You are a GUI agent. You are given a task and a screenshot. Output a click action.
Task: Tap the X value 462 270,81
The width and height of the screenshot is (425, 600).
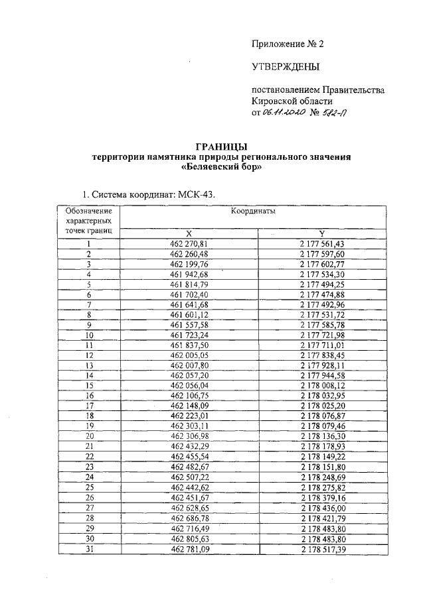point(189,243)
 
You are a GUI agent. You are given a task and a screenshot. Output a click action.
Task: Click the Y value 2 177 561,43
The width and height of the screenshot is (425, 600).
point(322,243)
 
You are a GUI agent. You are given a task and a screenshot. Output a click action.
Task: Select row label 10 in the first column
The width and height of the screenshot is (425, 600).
point(88,335)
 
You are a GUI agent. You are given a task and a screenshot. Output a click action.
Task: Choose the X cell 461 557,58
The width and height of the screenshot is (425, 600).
point(189,326)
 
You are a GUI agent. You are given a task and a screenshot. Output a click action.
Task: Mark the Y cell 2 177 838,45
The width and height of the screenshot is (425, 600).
point(322,356)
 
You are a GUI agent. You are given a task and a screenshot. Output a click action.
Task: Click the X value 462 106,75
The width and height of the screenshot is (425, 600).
point(189,396)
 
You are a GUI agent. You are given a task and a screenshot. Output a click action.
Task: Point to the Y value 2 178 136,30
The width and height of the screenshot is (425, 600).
point(322,438)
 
